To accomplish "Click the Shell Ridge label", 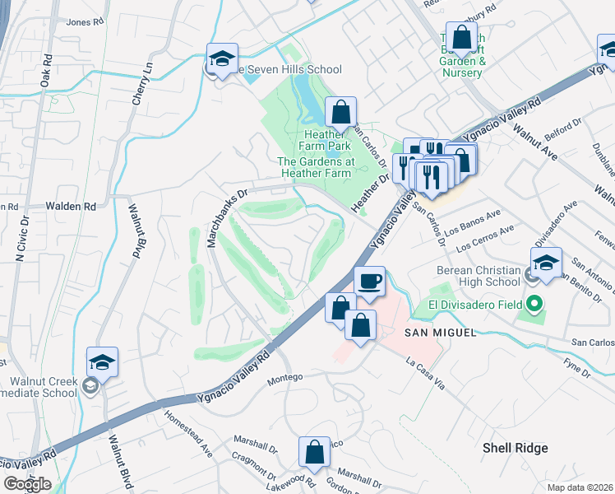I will [x=515, y=448].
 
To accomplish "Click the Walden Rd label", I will [x=71, y=206].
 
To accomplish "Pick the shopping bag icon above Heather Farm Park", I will [x=340, y=112].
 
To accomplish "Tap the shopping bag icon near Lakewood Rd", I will [x=314, y=451].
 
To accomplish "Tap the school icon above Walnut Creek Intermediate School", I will [x=102, y=362].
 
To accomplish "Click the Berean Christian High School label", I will [x=474, y=277].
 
